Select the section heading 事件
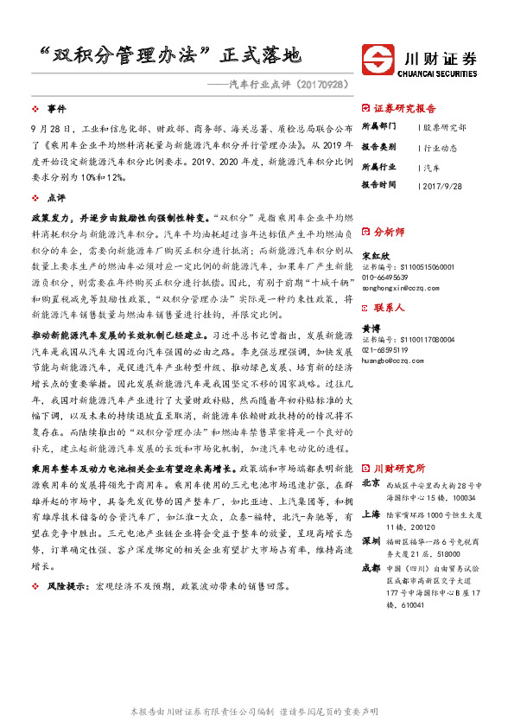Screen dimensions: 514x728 tap(56, 109)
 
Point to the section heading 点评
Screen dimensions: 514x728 tap(56, 198)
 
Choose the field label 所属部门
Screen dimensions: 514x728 tap(378, 127)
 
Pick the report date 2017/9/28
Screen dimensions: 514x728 tap(445, 185)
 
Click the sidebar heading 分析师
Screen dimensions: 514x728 tap(388, 233)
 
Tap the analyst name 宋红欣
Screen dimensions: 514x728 tap(372, 256)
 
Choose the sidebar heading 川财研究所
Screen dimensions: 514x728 tap(398, 468)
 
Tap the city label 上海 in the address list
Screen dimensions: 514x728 tap(371, 513)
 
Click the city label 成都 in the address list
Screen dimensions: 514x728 tap(371, 567)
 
